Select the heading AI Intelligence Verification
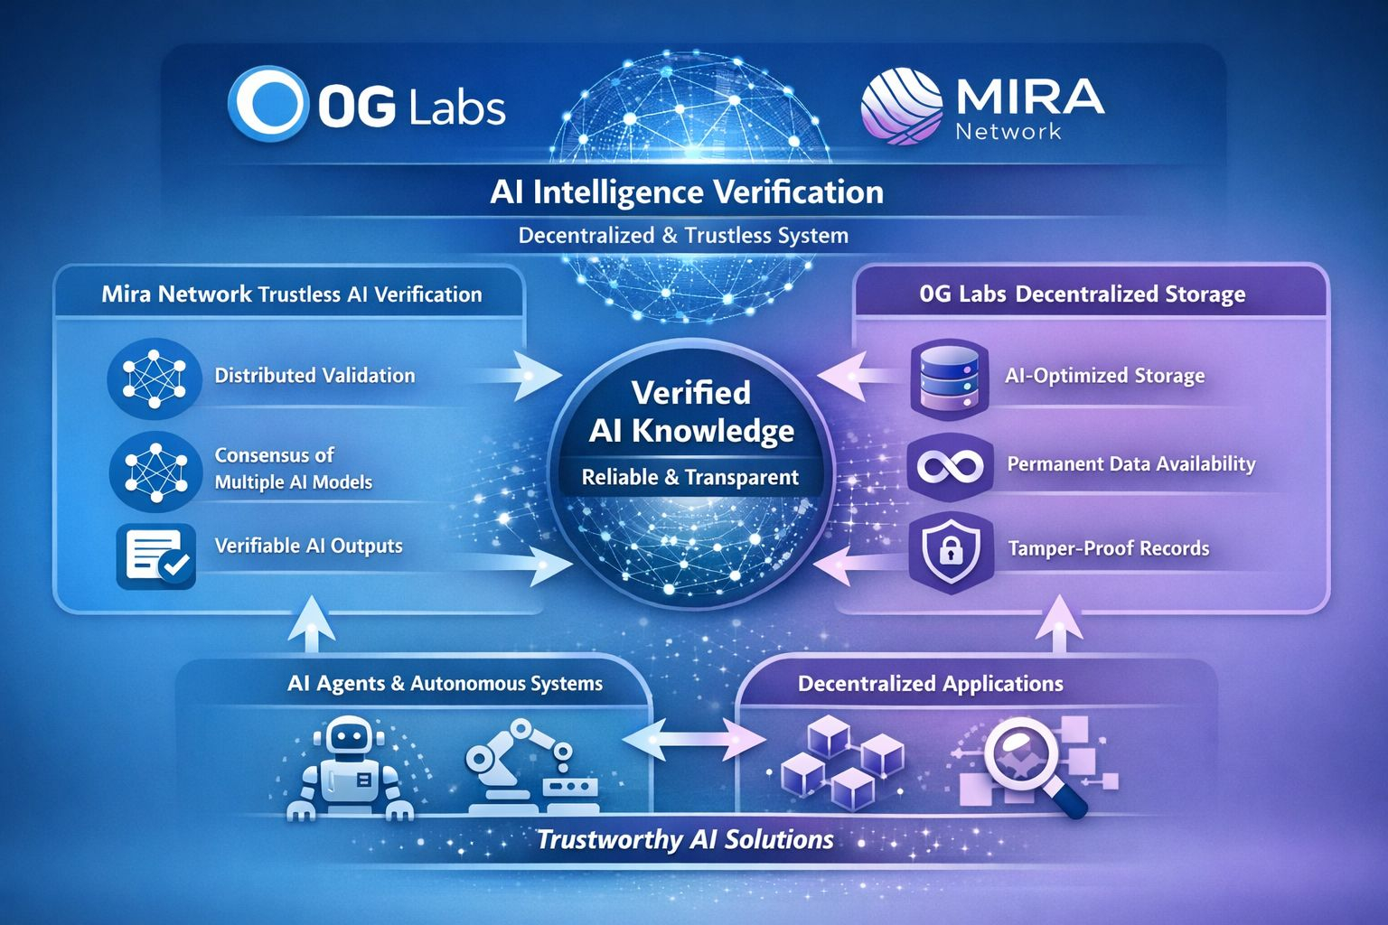pos(687,192)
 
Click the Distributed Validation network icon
pos(154,378)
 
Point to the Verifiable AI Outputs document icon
pos(156,556)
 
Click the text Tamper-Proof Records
pos(1108,548)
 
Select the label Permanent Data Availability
pos(1130,464)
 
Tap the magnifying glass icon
pos(1030,764)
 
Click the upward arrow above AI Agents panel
pos(310,623)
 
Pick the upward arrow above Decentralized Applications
pos(1062,623)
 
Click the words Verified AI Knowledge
pos(691,412)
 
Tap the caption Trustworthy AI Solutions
pos(685,839)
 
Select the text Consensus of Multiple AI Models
pos(293,468)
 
